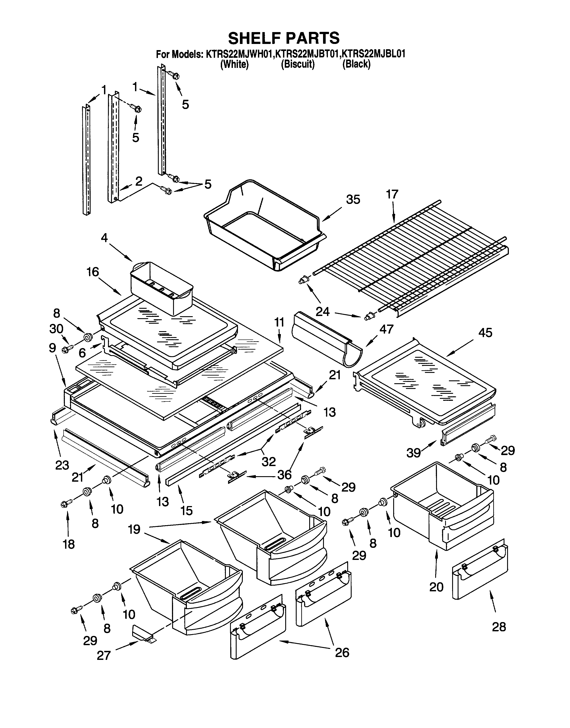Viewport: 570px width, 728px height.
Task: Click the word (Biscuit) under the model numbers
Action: [298, 64]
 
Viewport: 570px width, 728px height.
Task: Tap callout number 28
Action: [499, 627]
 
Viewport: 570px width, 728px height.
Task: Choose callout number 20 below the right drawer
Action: [436, 587]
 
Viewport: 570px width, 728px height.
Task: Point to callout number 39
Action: [414, 453]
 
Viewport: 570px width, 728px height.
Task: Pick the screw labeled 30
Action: [65, 349]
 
